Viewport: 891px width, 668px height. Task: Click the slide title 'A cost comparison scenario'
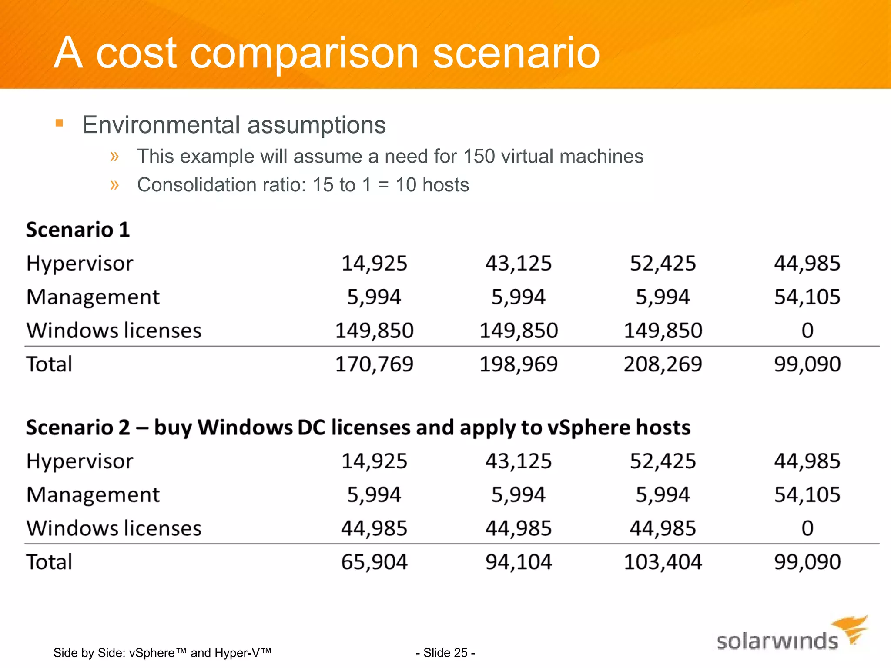326,53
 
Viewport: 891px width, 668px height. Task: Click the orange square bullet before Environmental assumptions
60,124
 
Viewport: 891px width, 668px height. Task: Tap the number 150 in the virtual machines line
479,156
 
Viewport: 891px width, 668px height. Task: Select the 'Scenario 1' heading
78,230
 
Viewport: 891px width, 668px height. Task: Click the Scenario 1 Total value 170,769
374,364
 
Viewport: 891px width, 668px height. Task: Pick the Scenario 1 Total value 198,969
518,364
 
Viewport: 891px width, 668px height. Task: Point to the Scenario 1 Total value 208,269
663,364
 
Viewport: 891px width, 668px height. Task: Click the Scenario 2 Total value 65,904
374,562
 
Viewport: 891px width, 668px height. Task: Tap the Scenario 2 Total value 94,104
518,562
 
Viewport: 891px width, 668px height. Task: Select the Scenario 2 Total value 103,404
663,562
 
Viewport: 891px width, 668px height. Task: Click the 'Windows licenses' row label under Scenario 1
114,331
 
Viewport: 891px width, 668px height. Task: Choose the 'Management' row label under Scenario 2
93,495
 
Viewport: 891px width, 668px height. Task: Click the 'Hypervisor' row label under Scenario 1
80,264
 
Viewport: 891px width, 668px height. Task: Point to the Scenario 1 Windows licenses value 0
807,331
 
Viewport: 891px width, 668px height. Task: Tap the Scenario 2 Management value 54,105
807,495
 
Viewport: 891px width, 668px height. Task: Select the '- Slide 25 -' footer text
445,653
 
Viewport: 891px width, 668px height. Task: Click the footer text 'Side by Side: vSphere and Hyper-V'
162,653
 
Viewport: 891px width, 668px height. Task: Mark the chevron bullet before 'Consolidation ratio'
114,185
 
